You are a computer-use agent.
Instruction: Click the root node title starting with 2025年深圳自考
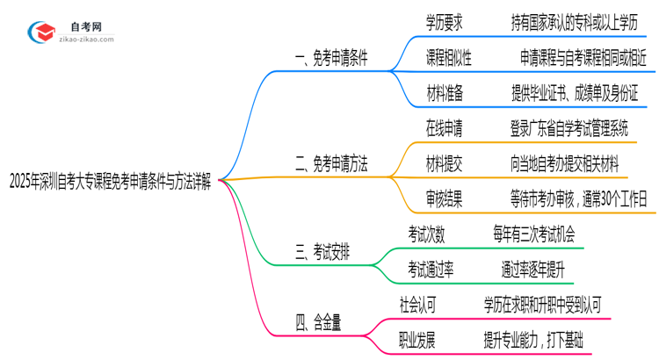[112, 183]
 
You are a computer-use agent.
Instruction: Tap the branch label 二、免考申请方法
[331, 163]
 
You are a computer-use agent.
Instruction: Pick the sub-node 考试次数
[426, 234]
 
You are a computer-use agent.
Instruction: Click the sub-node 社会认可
[417, 305]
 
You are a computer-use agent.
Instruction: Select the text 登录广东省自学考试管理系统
[569, 129]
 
